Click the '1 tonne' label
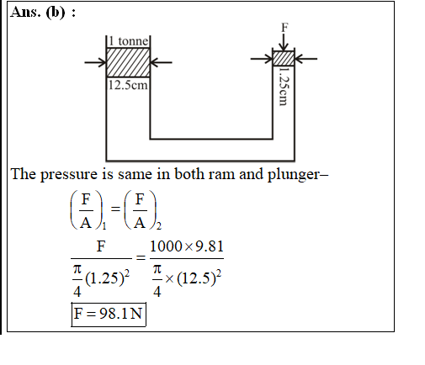[128, 41]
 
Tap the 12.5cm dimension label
[128, 85]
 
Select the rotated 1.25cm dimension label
[284, 86]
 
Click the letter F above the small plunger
[284, 28]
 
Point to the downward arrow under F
[284, 42]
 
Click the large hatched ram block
[128, 62]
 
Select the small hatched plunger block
[284, 58]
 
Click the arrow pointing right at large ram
[96, 62]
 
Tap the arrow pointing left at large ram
[161, 62]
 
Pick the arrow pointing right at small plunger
[262, 59]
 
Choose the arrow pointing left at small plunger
[305, 59]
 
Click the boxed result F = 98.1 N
[109, 315]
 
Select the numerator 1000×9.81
[187, 246]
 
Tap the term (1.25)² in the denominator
[108, 278]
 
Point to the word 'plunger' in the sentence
[294, 175]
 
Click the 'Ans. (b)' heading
[43, 13]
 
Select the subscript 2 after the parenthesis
[159, 226]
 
